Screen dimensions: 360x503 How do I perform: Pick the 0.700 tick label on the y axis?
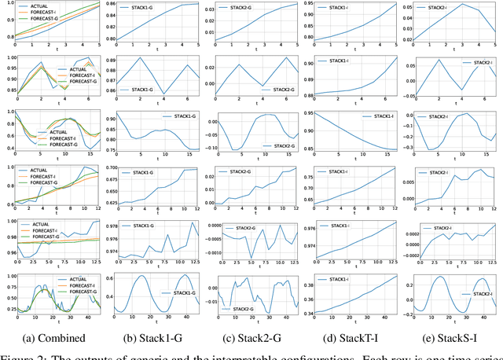[x=110, y=168]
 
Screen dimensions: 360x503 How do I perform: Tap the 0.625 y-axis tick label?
[x=110, y=204]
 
